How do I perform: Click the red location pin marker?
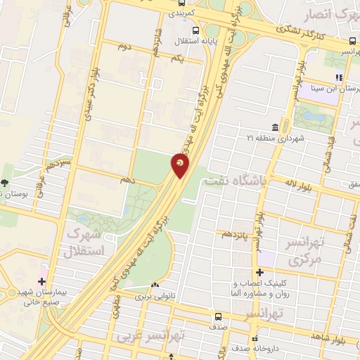coord(180,166)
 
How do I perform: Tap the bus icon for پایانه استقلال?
coord(195,30)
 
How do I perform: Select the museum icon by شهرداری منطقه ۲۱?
coord(274,127)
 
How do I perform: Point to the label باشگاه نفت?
coord(236,180)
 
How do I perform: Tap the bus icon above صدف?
coord(218,316)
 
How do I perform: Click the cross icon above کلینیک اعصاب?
coord(260,272)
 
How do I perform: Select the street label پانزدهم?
coord(236,233)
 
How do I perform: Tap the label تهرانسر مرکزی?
coord(304,251)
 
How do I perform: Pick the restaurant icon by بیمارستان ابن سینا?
coord(338,77)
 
